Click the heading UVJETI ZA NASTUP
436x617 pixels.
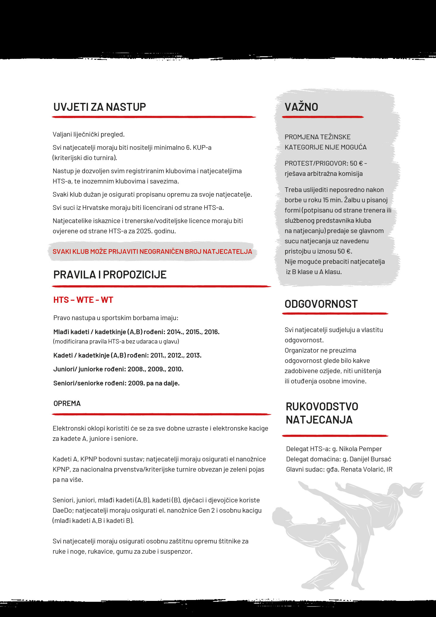tap(99, 107)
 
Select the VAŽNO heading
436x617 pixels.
tap(301, 107)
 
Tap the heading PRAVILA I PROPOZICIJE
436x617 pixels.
tap(110, 275)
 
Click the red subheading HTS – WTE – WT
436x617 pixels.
tap(83, 300)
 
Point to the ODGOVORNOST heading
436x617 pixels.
tap(321, 304)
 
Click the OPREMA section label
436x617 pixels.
tap(67, 403)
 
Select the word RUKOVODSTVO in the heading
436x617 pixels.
tap(322, 407)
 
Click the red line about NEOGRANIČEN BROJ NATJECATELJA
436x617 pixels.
tap(152, 251)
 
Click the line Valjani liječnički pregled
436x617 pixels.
tap(88, 134)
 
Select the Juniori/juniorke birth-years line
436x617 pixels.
tap(118, 369)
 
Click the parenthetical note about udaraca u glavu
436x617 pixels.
tap(116, 341)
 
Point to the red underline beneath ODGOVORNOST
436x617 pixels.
tap(335, 314)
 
